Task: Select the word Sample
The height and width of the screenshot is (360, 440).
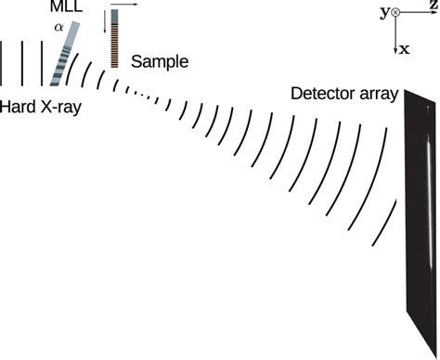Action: [x=159, y=62]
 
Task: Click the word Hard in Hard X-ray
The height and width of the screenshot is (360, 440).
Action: [x=18, y=107]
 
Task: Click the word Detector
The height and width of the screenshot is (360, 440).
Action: [x=322, y=93]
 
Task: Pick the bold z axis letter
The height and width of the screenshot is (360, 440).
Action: [x=433, y=6]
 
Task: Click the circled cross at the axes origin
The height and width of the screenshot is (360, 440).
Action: [x=396, y=12]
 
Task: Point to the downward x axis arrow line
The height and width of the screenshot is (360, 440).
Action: [x=396, y=32]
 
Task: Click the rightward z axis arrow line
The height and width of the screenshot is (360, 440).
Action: [x=417, y=12]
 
